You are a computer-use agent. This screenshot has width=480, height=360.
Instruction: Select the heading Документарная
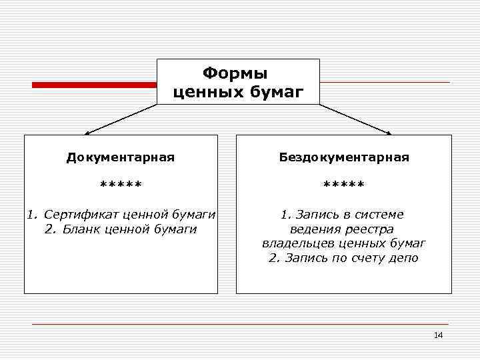point(120,158)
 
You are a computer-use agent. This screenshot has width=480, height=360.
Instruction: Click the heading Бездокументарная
point(344,158)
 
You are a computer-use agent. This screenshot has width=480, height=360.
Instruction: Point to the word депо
point(403,259)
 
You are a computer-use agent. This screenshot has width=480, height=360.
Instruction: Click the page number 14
point(438,335)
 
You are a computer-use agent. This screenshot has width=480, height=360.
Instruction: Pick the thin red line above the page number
point(240,324)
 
